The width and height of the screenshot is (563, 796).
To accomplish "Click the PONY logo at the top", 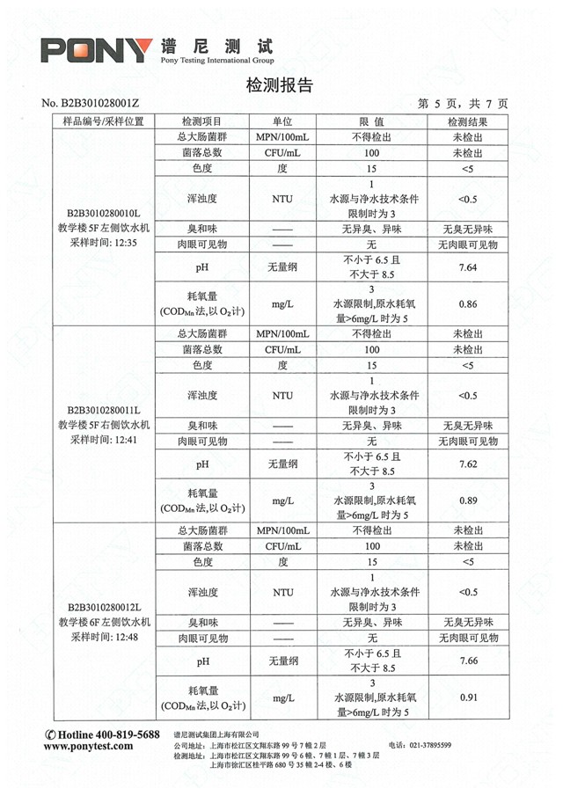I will (96, 51).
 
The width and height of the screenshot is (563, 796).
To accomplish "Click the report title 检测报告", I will (280, 85).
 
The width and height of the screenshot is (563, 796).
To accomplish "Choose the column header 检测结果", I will (467, 121).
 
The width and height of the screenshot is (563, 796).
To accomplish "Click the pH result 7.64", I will (467, 267).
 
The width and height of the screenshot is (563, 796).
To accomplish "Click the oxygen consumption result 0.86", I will (467, 304).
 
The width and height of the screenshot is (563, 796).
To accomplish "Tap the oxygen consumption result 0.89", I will (467, 500).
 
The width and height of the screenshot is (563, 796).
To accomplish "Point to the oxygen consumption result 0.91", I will (467, 698).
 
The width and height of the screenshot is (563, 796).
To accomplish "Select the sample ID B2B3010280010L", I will (104, 214).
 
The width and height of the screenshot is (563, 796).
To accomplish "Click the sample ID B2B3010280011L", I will (104, 410).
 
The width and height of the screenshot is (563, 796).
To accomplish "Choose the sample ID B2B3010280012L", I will (104, 607).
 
